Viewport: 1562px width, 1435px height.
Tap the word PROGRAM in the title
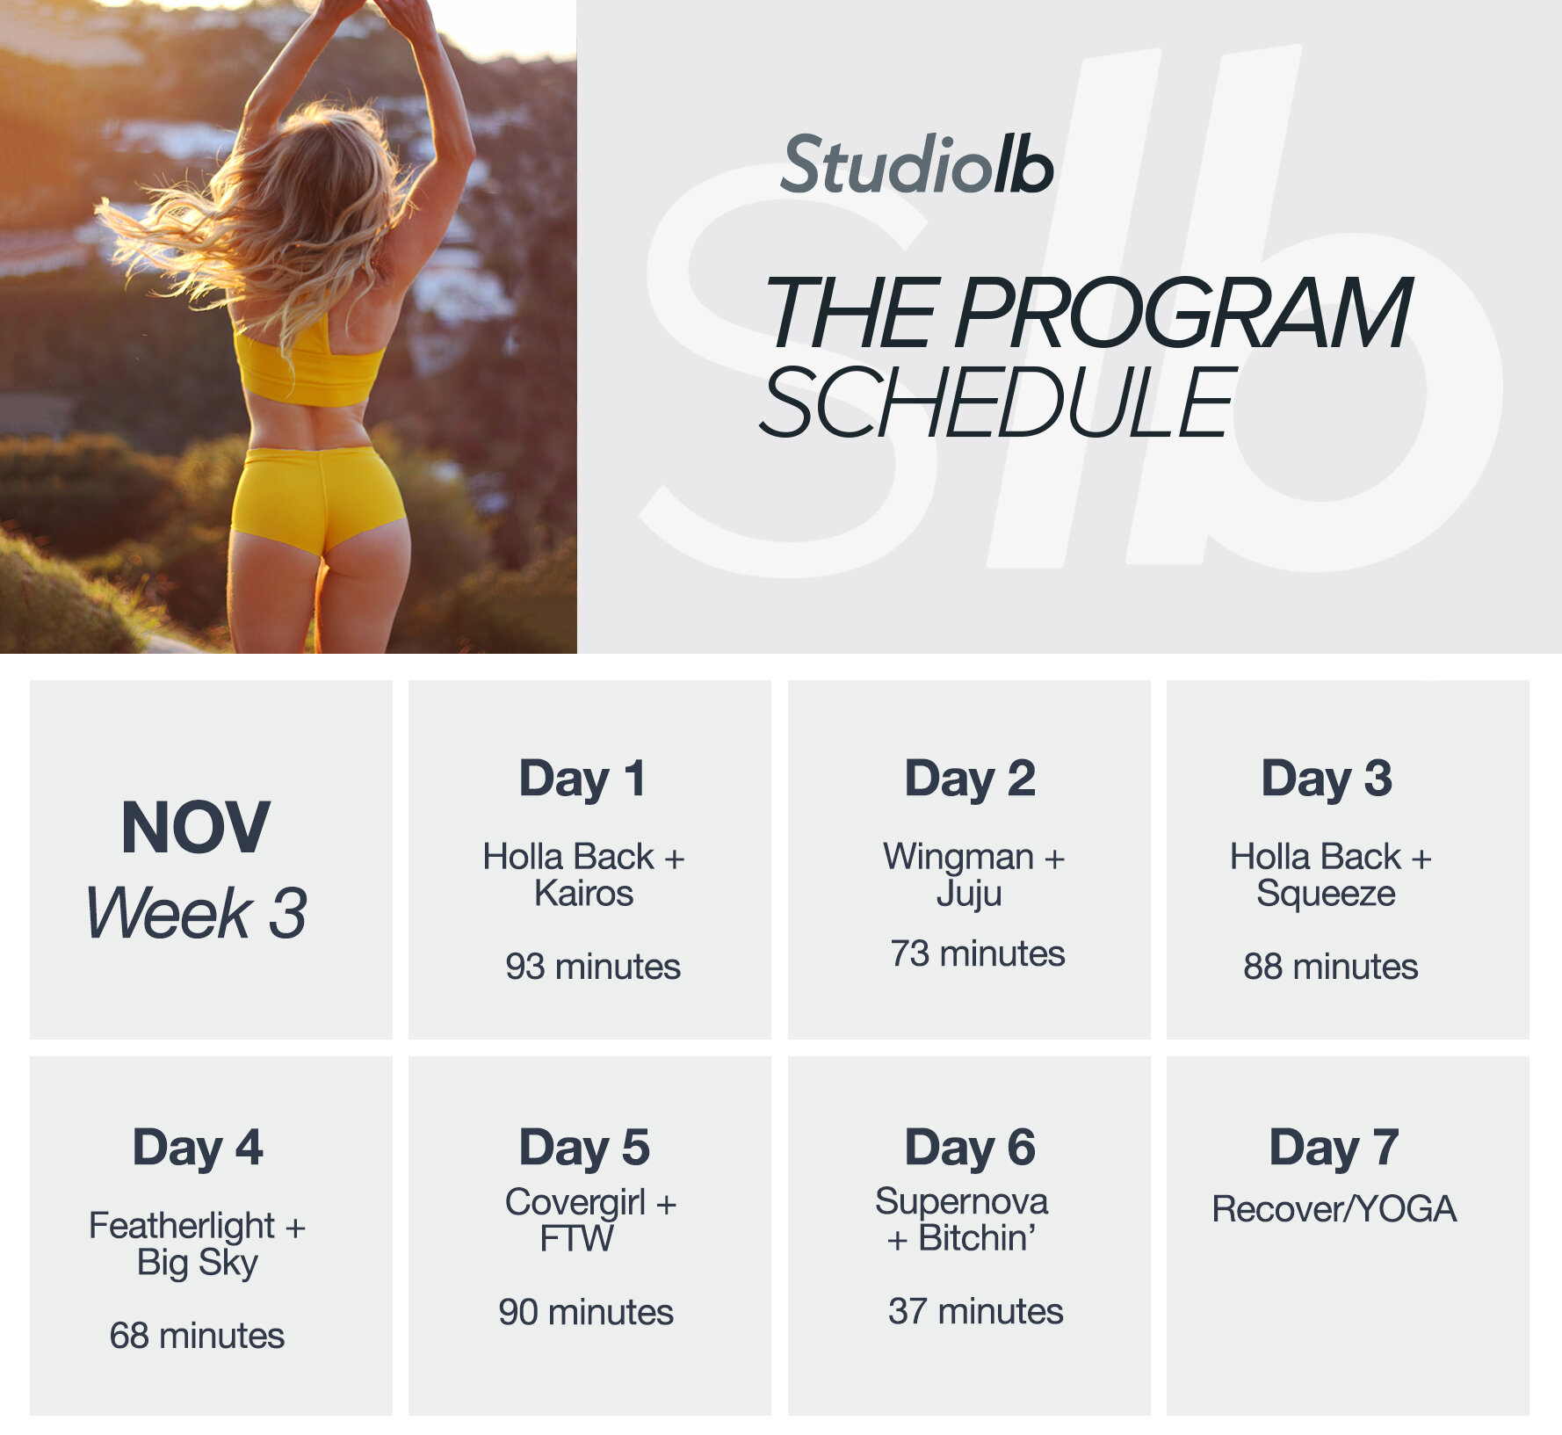click(x=1182, y=314)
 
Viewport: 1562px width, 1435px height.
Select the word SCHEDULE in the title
click(x=998, y=402)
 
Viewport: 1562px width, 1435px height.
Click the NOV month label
click(x=195, y=828)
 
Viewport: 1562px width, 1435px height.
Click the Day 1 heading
click(x=582, y=779)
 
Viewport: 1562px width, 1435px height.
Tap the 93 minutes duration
click(x=592, y=967)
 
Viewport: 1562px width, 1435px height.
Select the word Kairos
click(x=583, y=894)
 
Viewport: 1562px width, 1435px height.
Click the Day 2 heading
click(x=970, y=779)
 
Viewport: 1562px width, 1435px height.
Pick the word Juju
click(x=968, y=895)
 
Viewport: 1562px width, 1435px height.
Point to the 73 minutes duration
click(x=977, y=953)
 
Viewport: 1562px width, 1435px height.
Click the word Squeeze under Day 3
click(x=1326, y=894)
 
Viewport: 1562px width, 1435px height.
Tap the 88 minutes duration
click(x=1330, y=967)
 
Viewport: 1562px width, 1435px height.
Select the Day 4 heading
click(x=198, y=1148)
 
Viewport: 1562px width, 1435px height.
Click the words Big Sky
click(x=198, y=1263)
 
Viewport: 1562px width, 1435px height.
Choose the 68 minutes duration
click(x=197, y=1336)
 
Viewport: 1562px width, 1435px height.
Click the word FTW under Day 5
click(x=576, y=1239)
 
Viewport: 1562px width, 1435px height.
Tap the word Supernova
click(x=961, y=1201)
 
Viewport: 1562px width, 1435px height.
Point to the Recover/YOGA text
click(x=1334, y=1210)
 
